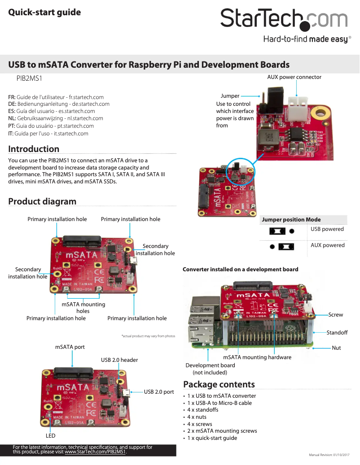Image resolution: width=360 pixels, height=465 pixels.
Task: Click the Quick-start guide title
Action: pos(44,13)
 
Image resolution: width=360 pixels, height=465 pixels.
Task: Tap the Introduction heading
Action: pos(34,149)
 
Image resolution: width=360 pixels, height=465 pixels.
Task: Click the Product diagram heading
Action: pos(42,201)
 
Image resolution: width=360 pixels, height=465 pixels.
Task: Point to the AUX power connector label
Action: pos(294,77)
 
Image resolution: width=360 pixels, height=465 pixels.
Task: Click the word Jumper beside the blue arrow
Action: pos(230,96)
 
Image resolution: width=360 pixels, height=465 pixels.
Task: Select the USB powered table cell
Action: pos(327,229)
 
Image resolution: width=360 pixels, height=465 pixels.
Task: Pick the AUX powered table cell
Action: pos(328,245)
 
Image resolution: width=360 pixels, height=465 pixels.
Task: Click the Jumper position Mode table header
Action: pos(291,220)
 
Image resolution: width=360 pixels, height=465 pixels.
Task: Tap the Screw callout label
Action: pos(336,315)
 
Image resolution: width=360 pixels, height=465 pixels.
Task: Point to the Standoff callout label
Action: pos(337,333)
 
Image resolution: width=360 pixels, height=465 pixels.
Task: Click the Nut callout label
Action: pos(336,348)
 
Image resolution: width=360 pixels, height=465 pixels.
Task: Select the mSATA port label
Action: pos(70,347)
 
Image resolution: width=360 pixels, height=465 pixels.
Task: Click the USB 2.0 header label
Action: pos(119,360)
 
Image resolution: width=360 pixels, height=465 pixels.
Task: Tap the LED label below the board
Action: pos(51,435)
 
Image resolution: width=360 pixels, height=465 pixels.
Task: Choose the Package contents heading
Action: pos(219,384)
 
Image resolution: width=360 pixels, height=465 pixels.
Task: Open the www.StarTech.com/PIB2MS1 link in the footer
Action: pos(95,452)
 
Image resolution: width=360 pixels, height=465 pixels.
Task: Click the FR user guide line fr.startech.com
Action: pos(56,97)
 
